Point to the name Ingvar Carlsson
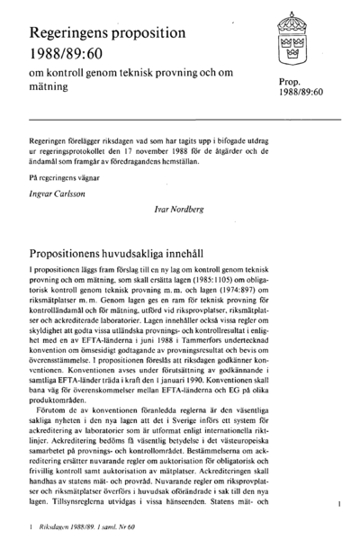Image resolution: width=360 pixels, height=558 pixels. tap(52, 192)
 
